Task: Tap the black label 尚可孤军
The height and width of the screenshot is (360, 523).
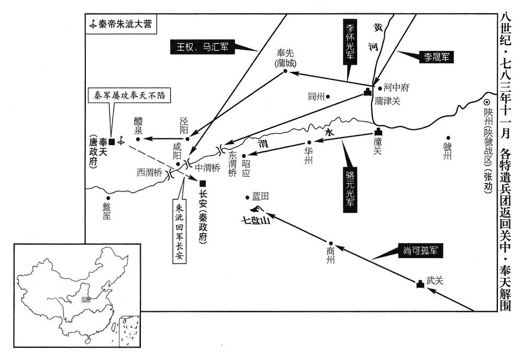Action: coord(423,251)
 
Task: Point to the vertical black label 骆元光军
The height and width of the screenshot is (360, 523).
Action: coord(350,189)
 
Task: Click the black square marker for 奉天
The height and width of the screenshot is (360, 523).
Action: coord(112,141)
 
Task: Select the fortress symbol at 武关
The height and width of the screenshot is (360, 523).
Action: coord(419,284)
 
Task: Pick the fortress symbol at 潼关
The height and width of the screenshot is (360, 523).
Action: coord(377,133)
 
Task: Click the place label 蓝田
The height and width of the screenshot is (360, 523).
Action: coord(260,197)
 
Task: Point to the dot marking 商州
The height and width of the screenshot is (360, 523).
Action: coord(330,244)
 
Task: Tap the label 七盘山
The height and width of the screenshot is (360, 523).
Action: coord(255,221)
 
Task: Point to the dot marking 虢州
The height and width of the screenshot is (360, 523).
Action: coord(448,138)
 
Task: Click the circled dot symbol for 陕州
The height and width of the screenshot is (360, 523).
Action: coord(486,103)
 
